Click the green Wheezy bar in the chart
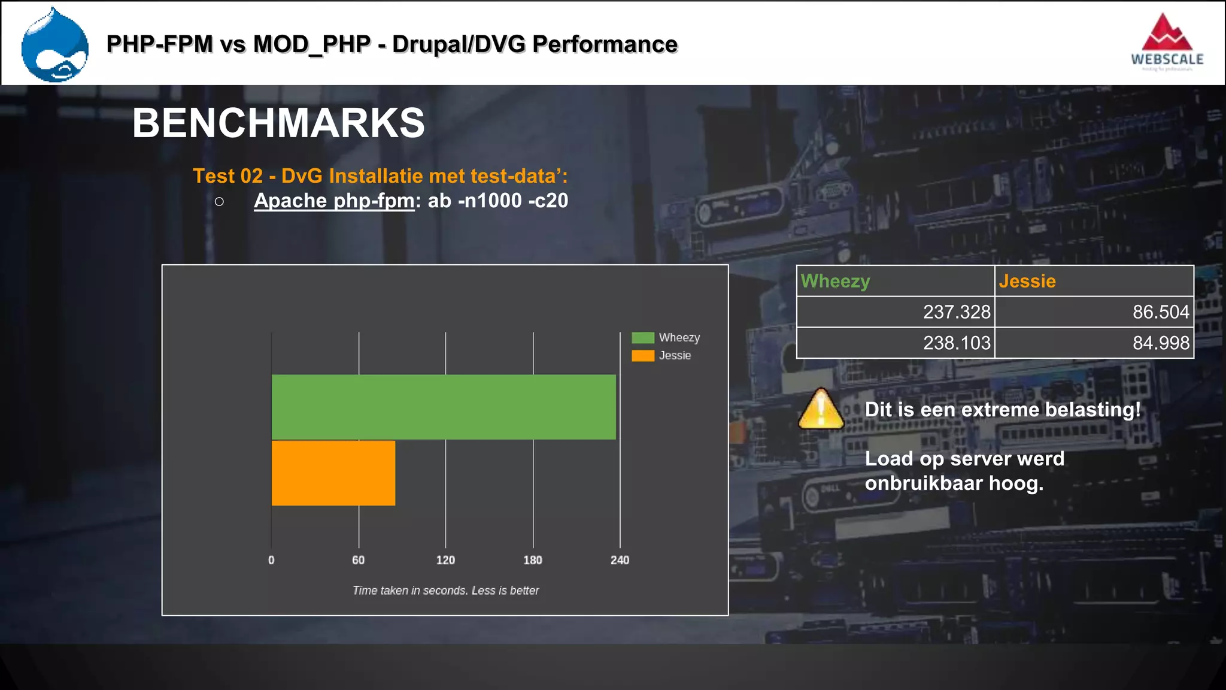tap(443, 407)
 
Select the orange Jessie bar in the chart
tap(333, 473)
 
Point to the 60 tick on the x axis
tap(358, 560)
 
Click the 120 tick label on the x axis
tap(445, 560)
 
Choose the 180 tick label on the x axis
tap(533, 560)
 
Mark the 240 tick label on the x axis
tap(620, 560)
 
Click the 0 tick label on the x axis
tap(271, 560)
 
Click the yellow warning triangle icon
tap(821, 410)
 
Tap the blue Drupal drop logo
tap(55, 46)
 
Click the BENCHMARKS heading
tap(278, 123)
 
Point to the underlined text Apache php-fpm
tap(334, 201)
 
